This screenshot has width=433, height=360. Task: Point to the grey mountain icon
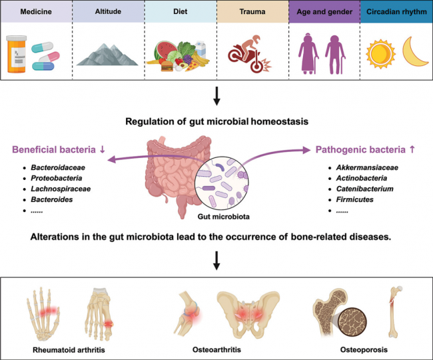coord(107,51)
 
